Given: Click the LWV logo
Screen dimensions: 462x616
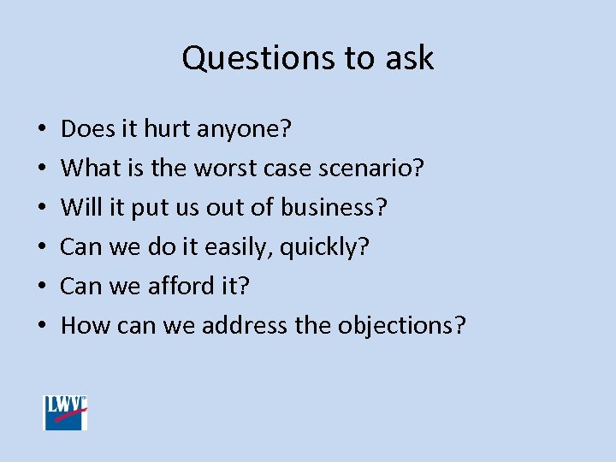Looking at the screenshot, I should click(x=66, y=412).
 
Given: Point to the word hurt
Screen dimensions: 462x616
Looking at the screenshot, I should click(x=168, y=129).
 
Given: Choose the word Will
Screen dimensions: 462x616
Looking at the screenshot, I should click(x=80, y=208).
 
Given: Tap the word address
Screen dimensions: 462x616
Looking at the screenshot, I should click(x=245, y=326).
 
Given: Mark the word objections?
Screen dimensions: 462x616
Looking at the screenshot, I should click(x=402, y=326).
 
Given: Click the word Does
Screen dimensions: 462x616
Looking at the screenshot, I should click(x=83, y=129).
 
